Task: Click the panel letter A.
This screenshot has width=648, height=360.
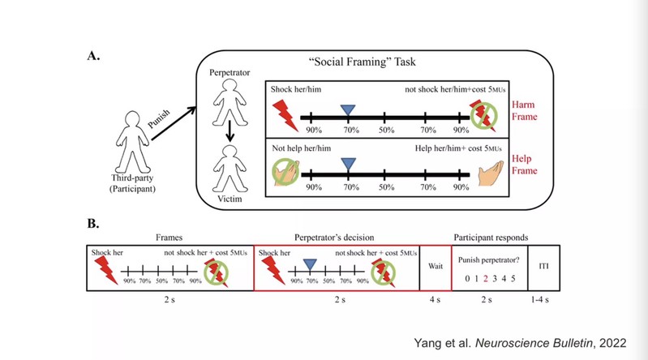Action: click(x=93, y=57)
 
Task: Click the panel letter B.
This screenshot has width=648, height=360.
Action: click(x=93, y=222)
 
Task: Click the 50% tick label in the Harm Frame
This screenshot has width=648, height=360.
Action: click(x=385, y=129)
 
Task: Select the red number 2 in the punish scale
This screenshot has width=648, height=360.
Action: click(x=484, y=278)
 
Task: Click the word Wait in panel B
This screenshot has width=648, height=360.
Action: click(x=435, y=264)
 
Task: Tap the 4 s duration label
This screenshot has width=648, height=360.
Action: click(x=435, y=301)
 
